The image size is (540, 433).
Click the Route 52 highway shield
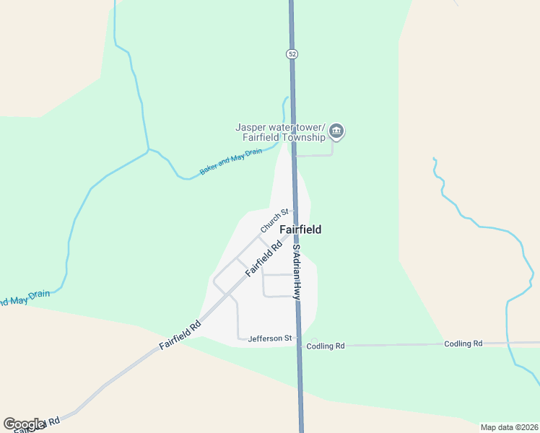pos(291,54)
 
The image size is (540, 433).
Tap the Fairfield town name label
pos(300,229)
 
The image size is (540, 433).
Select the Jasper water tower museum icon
pos(336,131)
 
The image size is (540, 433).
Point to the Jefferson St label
pos(269,338)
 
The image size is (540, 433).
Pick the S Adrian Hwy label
pos(296,271)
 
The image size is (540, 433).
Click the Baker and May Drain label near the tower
pos(231,162)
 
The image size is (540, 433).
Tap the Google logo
pos(24,424)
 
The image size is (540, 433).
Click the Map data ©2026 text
pos(509,427)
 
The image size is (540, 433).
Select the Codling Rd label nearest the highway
pos(326,346)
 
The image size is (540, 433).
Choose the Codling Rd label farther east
pos(463,344)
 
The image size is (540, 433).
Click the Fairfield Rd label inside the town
pos(263,258)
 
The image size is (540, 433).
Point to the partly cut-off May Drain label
pos(26,297)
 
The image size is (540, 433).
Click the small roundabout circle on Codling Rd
pos(313,341)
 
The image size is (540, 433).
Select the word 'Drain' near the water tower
pos(253,153)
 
